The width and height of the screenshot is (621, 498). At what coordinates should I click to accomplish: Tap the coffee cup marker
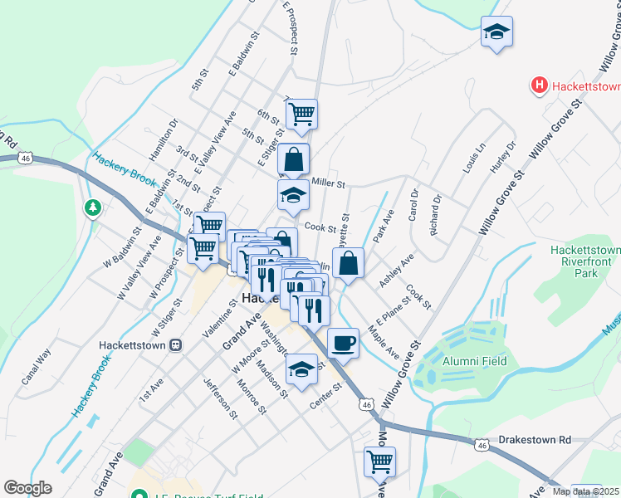[343, 342]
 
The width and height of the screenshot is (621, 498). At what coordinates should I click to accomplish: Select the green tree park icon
[92, 207]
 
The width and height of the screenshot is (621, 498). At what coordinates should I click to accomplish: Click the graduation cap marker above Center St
[301, 368]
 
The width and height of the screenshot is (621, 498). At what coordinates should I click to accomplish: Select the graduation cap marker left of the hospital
[496, 32]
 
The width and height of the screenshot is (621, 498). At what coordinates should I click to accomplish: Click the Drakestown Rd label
[535, 438]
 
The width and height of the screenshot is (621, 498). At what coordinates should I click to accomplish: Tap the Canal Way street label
[37, 366]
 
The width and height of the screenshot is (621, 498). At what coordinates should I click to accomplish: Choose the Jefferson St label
[220, 398]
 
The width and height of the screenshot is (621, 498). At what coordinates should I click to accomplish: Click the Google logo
[27, 488]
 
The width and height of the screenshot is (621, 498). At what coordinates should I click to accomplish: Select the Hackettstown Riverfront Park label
[585, 261]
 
